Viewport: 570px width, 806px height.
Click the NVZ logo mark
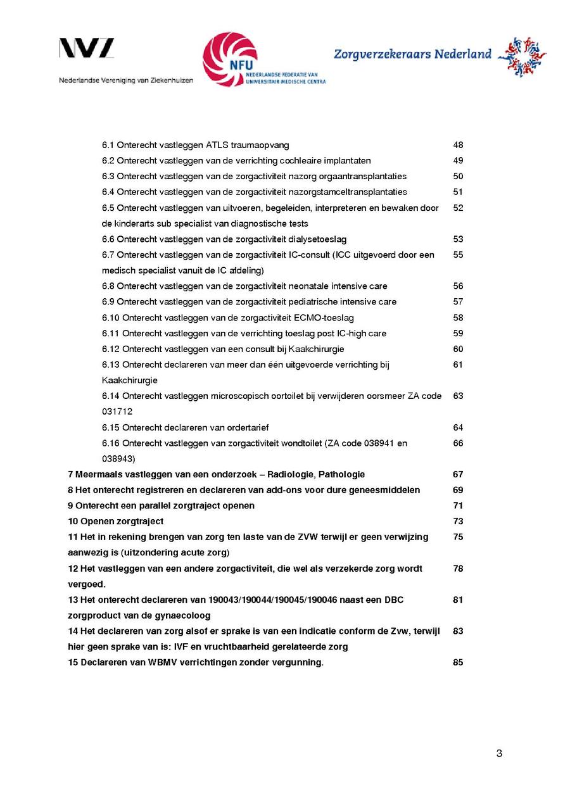[87, 48]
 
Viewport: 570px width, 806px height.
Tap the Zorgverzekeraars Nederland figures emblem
[521, 56]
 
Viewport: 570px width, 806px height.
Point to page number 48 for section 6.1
[458, 145]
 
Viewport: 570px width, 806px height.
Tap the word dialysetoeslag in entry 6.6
[317, 239]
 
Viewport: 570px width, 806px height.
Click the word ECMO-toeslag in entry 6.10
[324, 318]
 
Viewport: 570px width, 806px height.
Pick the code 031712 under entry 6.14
[117, 412]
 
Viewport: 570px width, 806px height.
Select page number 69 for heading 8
[458, 490]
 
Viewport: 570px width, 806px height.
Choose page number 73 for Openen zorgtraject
[458, 521]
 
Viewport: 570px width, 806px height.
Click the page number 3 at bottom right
[499, 753]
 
